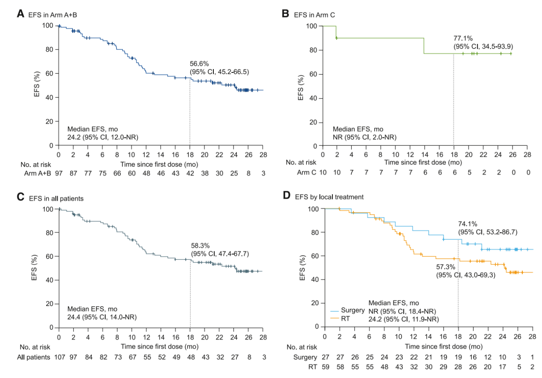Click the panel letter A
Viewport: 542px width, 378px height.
(20, 14)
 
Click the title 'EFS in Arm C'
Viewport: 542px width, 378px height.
(314, 14)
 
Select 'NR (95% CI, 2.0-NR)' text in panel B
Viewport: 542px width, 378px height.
(364, 137)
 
